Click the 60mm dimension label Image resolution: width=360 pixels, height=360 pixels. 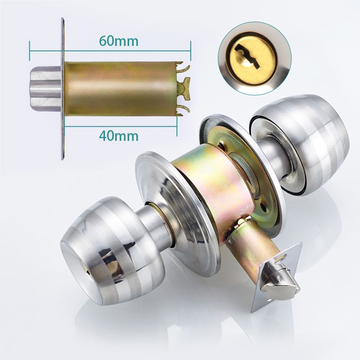(119, 41)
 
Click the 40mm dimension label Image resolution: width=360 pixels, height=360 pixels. (119, 136)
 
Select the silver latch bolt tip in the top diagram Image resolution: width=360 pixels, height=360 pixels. (46, 88)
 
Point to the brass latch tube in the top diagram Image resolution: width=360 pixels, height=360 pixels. (121, 89)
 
